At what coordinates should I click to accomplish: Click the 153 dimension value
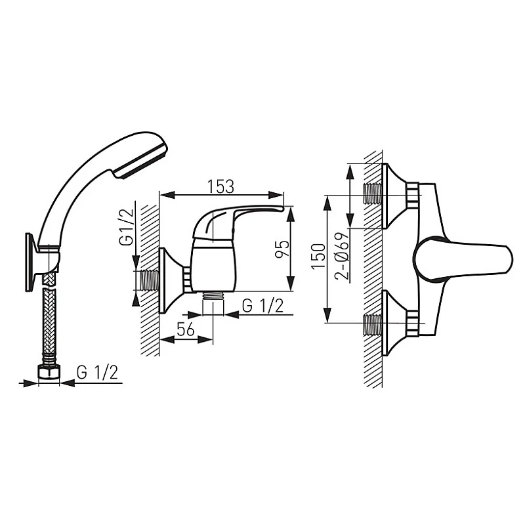click(221, 186)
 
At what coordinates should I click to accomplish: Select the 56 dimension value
click(186, 331)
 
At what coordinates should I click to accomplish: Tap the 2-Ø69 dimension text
click(341, 256)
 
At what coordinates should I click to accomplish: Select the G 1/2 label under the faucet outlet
click(262, 306)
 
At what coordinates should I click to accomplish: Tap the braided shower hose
click(47, 322)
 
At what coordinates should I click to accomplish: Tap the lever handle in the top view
click(472, 259)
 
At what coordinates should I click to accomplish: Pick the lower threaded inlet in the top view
click(373, 324)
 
